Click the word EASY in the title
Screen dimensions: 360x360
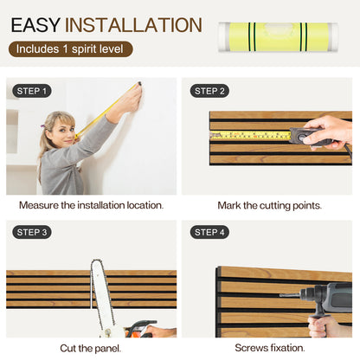click(35, 25)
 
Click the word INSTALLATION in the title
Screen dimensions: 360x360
click(133, 25)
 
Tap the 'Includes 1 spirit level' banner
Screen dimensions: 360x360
click(70, 49)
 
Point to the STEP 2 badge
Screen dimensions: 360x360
click(210, 91)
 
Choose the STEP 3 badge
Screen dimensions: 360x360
click(33, 232)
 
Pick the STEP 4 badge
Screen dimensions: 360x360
click(210, 232)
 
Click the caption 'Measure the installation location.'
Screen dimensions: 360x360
click(91, 206)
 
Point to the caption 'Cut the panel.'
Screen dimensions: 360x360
click(91, 347)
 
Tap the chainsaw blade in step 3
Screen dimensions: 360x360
click(102, 294)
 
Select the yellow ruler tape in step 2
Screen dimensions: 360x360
click(251, 135)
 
